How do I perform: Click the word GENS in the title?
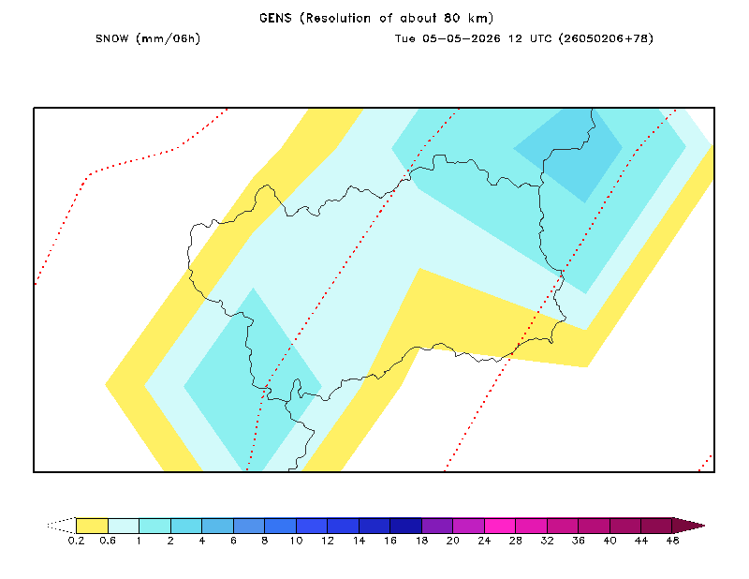click(x=275, y=18)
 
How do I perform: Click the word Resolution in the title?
click(x=338, y=18)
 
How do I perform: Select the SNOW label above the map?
click(x=111, y=38)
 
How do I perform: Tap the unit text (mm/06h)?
click(x=169, y=38)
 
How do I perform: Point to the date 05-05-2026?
click(x=461, y=38)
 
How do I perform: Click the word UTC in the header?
click(x=540, y=38)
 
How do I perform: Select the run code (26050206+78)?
click(x=606, y=38)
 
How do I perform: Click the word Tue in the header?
click(x=404, y=38)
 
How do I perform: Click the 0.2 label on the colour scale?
click(x=76, y=541)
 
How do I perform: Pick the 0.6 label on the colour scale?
click(x=108, y=541)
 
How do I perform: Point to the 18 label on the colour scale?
click(x=421, y=541)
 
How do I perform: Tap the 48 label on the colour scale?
click(x=672, y=541)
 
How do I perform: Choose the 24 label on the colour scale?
click(x=484, y=541)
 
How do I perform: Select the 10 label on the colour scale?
click(x=296, y=541)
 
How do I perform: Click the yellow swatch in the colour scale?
click(x=92, y=526)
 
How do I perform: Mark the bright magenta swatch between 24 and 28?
click(x=500, y=526)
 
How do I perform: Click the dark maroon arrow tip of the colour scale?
click(x=688, y=526)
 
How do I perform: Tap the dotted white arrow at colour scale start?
click(x=62, y=526)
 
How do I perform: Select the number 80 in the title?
click(x=451, y=18)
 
